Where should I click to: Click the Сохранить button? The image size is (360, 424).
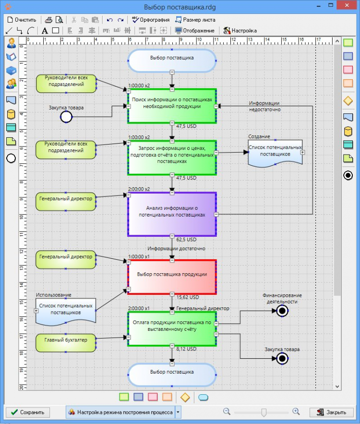(27, 412)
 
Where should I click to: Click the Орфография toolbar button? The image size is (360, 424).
(151, 20)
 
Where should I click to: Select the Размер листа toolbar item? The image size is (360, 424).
(195, 20)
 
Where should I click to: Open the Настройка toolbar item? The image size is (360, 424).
(240, 30)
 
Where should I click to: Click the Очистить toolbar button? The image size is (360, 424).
(22, 20)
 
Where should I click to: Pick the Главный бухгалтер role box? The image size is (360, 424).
(66, 340)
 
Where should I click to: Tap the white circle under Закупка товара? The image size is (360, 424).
(66, 117)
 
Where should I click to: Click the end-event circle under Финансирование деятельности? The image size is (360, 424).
(282, 311)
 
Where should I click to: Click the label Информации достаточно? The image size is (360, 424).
(176, 249)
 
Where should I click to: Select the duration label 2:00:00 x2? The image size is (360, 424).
(139, 189)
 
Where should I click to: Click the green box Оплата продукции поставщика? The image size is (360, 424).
(172, 328)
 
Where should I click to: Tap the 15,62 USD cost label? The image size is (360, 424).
(188, 297)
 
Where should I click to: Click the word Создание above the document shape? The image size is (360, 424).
(259, 137)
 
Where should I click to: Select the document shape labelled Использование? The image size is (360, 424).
(66, 309)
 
